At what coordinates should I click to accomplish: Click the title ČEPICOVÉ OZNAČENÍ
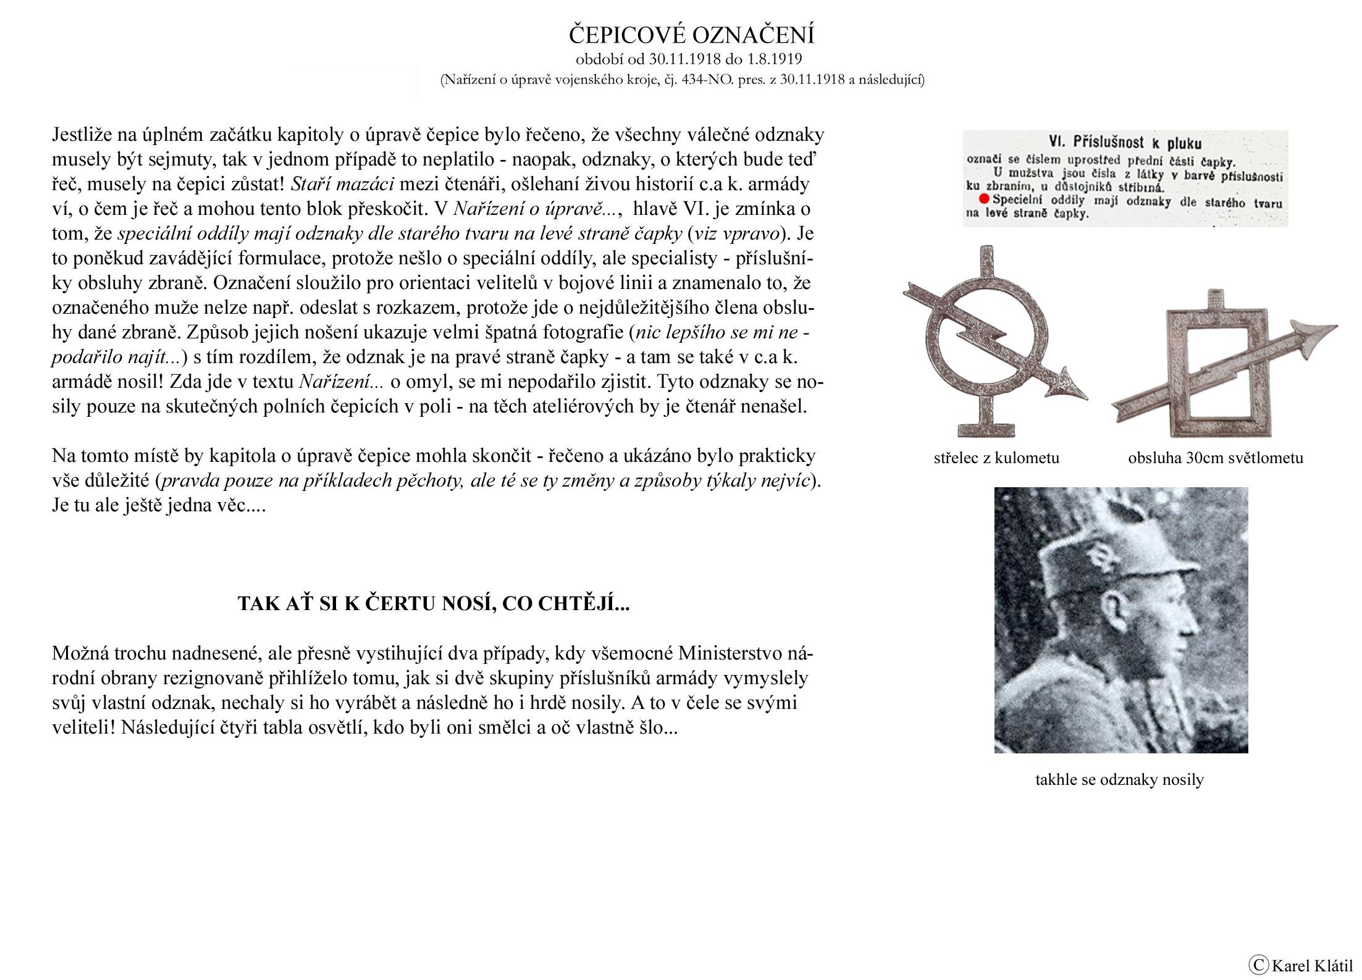click(x=691, y=35)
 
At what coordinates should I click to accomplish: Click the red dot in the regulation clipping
click(x=984, y=199)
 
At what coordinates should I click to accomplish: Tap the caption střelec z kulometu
click(x=996, y=458)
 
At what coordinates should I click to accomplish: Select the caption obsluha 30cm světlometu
click(x=1216, y=458)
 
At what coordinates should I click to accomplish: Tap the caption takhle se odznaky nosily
click(x=1119, y=779)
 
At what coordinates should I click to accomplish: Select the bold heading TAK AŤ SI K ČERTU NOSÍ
click(x=433, y=603)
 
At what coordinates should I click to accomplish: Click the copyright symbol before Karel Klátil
click(x=1255, y=964)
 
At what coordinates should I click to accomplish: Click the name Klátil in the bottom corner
click(x=1332, y=965)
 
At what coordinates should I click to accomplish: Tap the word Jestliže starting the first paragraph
click(x=82, y=135)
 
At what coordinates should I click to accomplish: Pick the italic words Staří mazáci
click(x=342, y=184)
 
